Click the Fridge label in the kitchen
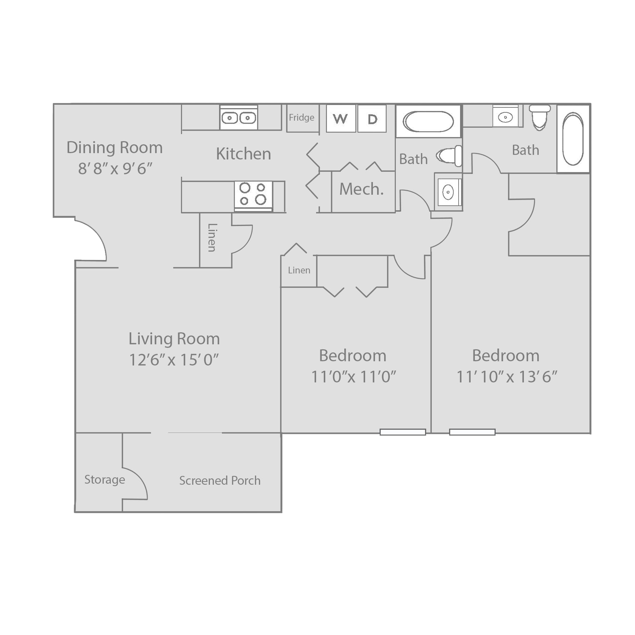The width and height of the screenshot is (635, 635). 301,117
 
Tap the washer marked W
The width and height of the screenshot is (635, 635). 340,119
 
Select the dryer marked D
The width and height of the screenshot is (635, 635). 372,119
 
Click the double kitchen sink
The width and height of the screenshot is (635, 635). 238,118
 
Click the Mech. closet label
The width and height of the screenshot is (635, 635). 361,189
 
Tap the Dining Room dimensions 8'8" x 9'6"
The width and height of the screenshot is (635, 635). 115,169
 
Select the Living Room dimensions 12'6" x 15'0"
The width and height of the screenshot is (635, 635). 174,360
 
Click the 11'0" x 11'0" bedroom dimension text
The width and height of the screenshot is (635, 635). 353,377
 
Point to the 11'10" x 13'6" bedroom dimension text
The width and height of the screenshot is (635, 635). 507,377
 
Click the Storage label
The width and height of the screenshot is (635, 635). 104,480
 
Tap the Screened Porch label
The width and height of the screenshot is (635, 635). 219,480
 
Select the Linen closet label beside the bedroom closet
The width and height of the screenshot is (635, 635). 299,271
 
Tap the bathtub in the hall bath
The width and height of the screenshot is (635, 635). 428,121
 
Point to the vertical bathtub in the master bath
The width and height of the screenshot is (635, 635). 573,139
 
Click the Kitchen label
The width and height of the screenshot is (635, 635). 243,154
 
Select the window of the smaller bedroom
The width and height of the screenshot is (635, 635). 403,432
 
